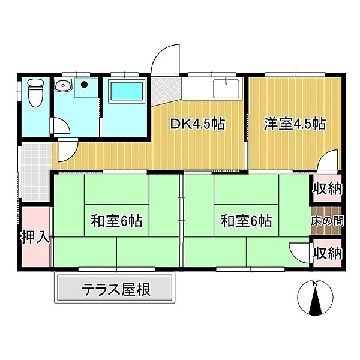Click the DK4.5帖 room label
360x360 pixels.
click(197, 125)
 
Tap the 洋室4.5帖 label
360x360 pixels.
click(295, 124)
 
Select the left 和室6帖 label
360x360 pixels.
click(116, 221)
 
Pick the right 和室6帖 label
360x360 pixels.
click(246, 221)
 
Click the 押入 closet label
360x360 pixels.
click(34, 236)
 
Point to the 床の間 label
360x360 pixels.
click(328, 221)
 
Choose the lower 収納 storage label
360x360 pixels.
click(328, 253)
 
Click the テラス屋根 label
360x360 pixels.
click(116, 290)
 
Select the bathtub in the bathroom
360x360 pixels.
click(127, 93)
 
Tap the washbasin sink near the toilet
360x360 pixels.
click(62, 86)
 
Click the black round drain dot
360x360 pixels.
click(85, 85)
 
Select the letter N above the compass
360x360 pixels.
click(315, 283)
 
